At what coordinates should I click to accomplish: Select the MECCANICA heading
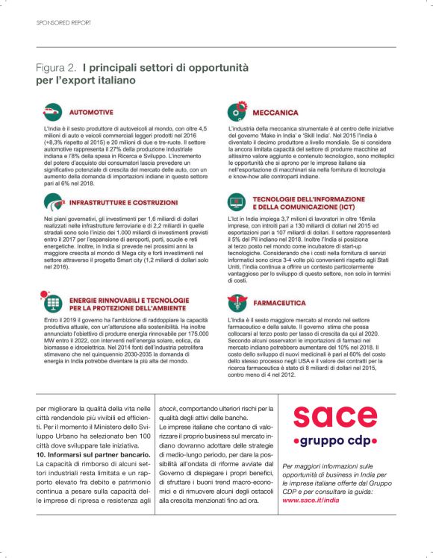276,113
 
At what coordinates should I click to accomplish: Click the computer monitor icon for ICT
237,203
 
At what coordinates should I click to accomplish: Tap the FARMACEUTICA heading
280,303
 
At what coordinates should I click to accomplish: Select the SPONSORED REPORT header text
63,23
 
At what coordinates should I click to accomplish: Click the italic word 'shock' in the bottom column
167,409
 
